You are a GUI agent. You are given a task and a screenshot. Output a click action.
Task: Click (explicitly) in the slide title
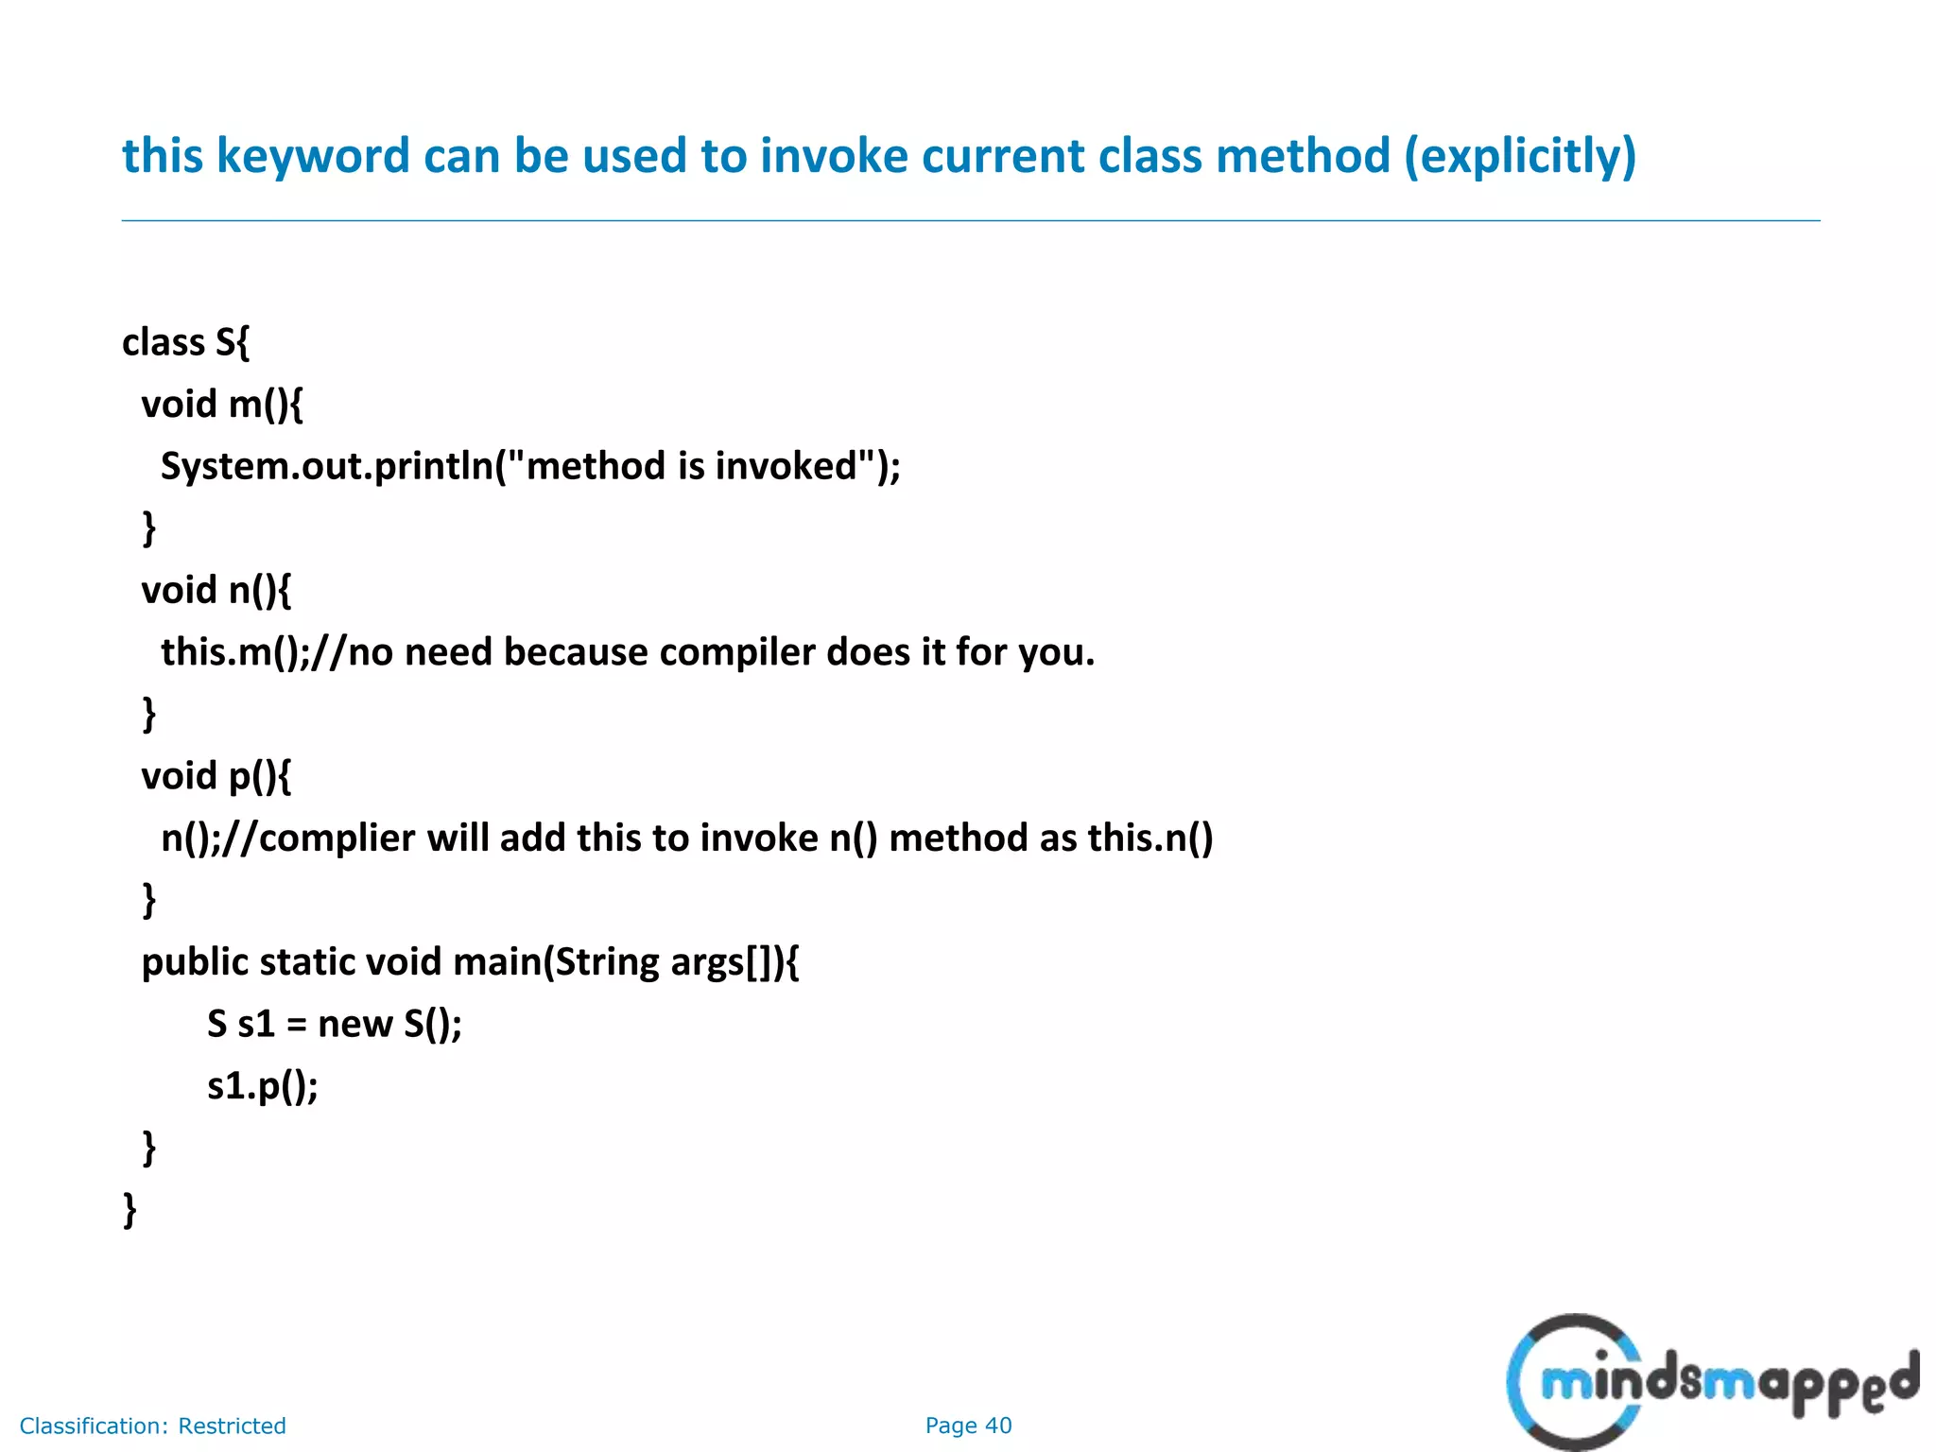[1520, 156]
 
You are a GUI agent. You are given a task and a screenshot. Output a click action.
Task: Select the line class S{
[185, 342]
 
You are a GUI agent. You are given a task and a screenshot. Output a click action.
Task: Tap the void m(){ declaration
[222, 405]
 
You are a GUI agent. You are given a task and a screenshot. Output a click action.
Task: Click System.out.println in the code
[327, 466]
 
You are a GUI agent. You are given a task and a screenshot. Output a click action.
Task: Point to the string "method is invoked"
[691, 466]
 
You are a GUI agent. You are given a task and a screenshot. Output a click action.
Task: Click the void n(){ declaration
[216, 591]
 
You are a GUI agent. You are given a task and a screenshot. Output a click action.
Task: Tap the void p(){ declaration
[216, 776]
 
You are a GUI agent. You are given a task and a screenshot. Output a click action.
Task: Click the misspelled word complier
[336, 838]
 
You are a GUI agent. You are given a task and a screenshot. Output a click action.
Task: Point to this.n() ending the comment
[1149, 838]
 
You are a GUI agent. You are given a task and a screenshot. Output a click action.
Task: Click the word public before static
[195, 962]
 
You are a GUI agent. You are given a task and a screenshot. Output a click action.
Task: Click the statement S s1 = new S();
[335, 1024]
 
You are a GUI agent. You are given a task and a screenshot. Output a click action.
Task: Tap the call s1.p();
[263, 1086]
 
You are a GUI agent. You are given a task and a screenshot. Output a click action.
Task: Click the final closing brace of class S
[130, 1210]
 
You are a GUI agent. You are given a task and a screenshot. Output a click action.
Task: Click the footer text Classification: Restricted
[152, 1426]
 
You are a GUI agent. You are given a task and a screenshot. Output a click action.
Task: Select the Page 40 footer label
[968, 1426]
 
